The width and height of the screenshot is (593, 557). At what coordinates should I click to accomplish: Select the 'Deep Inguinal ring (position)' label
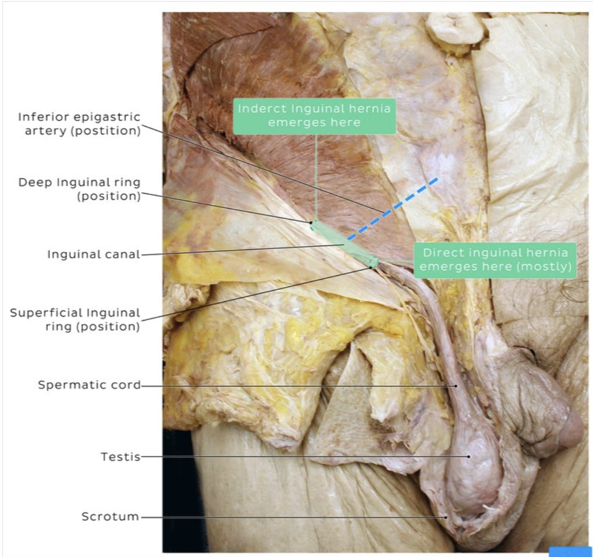click(80, 190)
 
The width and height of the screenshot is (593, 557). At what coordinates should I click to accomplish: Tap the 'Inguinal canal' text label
click(94, 255)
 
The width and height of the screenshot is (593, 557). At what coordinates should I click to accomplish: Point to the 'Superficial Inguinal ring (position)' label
click(75, 320)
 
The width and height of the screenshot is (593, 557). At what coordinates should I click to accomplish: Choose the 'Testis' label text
click(120, 457)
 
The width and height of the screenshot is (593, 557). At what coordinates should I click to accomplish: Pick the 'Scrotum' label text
click(111, 517)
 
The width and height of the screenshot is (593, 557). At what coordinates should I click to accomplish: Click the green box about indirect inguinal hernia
click(314, 116)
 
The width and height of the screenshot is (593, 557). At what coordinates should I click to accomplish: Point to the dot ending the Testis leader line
click(469, 456)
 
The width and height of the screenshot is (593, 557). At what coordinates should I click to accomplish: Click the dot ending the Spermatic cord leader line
click(456, 385)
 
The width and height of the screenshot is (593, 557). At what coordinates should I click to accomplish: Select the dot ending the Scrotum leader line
click(446, 517)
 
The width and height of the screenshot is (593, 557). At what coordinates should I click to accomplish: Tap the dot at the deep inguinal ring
click(311, 223)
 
